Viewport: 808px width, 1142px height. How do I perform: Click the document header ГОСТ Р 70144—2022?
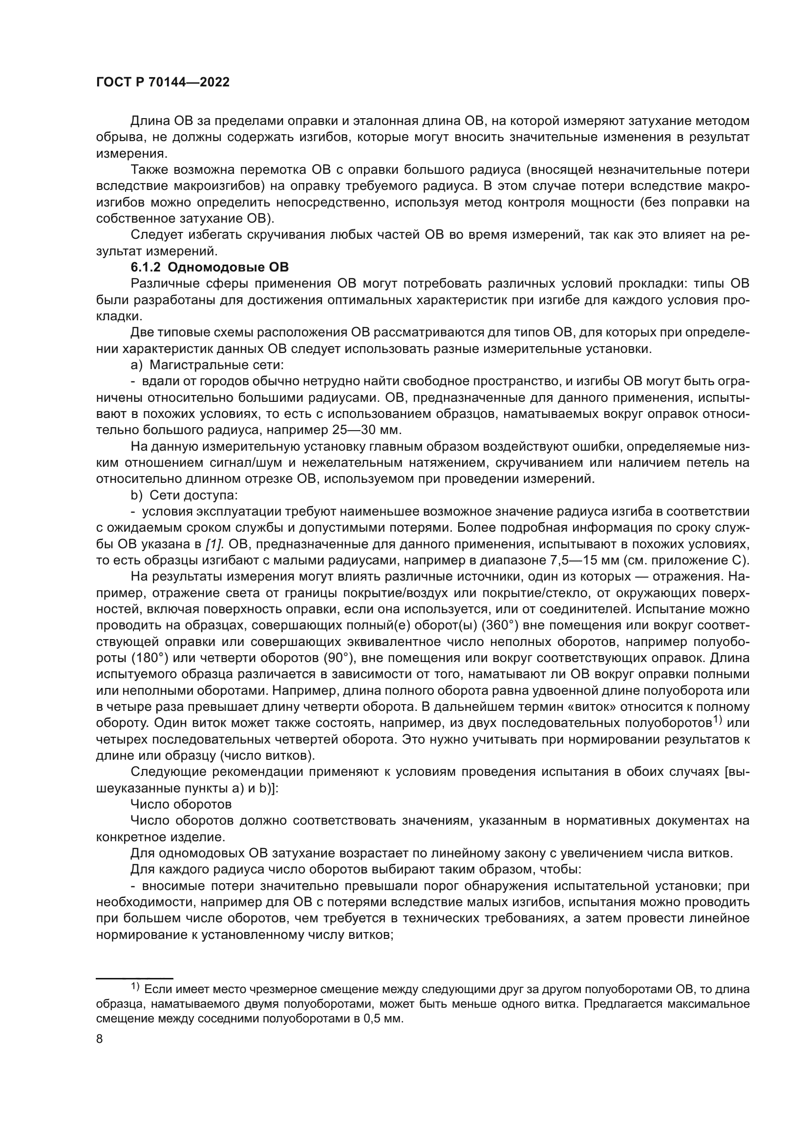(163, 83)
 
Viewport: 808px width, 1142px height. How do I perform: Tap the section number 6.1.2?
(145, 268)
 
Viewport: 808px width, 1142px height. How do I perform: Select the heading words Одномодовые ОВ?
(228, 268)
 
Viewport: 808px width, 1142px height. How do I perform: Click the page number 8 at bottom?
(99, 1039)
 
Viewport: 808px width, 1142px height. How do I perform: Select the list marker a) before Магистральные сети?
(136, 365)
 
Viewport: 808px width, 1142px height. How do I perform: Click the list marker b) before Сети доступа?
(137, 496)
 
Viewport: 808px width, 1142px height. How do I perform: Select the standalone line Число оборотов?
(181, 804)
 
